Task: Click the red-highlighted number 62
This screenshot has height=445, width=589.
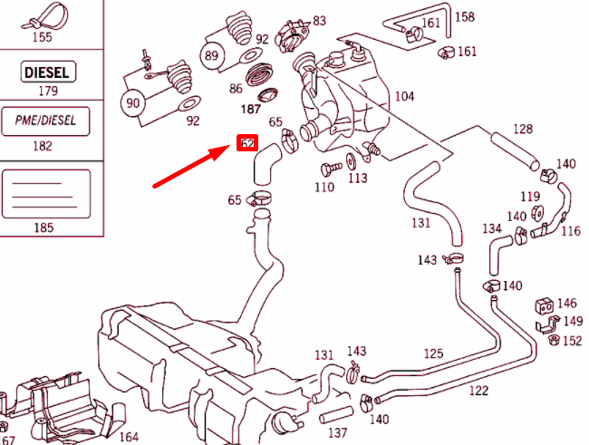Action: (246, 143)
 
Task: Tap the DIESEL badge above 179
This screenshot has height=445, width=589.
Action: (49, 72)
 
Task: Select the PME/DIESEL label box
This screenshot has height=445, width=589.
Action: (49, 120)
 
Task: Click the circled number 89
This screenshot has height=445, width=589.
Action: (213, 56)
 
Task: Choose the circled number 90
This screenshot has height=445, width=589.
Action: (134, 102)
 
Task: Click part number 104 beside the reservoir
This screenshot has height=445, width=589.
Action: (404, 95)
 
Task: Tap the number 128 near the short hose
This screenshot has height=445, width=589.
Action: (524, 129)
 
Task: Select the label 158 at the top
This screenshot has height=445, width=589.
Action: (464, 16)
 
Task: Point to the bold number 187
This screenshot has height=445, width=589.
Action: (250, 109)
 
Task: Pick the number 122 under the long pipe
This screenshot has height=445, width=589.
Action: (478, 391)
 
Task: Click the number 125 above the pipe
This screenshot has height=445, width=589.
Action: (434, 353)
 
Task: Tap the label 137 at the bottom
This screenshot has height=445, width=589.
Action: (337, 432)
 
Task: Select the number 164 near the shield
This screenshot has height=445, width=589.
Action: (129, 437)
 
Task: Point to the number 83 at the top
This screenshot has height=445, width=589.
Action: (319, 20)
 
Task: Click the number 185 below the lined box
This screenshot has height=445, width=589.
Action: (43, 227)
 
